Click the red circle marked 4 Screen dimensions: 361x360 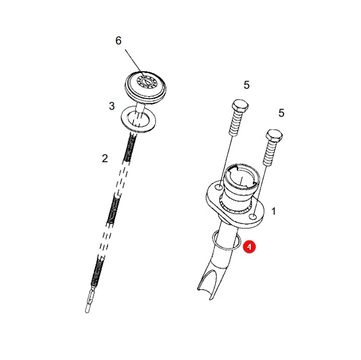[249, 247]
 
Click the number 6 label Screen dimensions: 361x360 [118, 40]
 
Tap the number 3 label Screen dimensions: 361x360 [111, 106]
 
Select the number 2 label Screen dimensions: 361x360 [105, 159]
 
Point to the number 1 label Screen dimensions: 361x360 [274, 211]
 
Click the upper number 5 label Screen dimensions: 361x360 [247, 85]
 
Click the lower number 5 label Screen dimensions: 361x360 [281, 113]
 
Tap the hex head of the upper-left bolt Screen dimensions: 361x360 [240, 106]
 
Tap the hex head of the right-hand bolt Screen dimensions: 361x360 [274, 136]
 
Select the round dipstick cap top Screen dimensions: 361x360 [145, 87]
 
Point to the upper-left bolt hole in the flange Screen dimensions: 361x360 [219, 187]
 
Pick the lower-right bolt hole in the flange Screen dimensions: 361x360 [253, 216]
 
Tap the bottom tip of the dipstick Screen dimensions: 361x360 [87, 312]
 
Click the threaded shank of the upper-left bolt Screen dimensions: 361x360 [235, 123]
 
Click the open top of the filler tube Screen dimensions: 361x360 [242, 176]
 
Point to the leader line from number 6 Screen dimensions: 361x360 [134, 61]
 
